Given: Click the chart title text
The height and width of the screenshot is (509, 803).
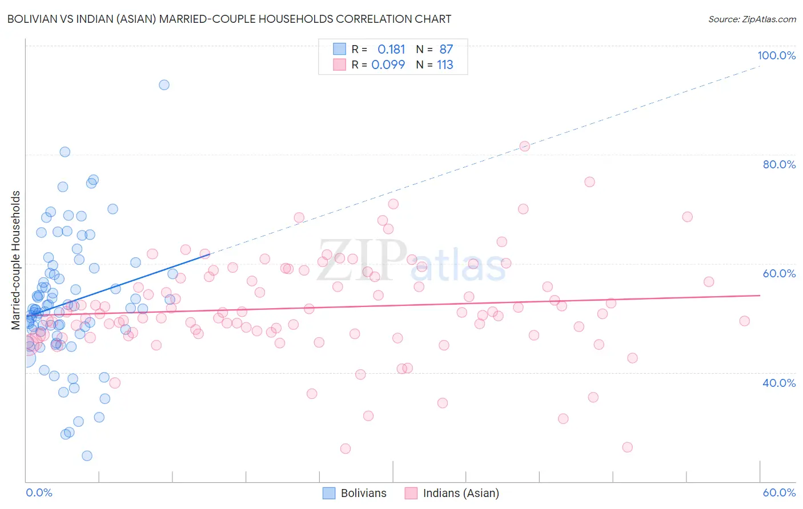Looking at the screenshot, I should pos(229,19).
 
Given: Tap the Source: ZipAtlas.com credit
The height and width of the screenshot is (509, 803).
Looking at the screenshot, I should pos(752,19).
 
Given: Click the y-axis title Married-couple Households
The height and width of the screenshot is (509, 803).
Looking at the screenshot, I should pos(16,260).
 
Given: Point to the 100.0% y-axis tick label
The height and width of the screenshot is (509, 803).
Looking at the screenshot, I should pos(776,55).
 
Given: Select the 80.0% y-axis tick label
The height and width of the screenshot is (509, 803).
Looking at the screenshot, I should pos(779,164).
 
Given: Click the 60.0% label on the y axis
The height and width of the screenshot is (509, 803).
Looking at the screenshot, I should pos(779,273).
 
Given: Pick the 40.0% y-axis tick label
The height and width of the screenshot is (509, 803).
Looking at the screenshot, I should pos(779,383).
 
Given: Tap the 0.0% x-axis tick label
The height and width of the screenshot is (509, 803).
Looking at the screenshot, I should pos(39,492).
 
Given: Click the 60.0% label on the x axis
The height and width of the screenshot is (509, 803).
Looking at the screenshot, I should pos(779,492).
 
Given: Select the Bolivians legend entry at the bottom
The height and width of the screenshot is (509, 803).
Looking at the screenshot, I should pos(354,493).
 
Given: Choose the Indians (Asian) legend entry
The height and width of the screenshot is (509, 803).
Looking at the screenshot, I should pos(452,493).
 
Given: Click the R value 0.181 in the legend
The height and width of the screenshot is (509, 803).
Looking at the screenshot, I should pos(391,49).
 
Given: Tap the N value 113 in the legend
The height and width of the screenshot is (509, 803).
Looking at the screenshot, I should pos(445,64).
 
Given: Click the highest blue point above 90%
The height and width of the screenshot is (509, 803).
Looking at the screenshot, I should pos(164,85).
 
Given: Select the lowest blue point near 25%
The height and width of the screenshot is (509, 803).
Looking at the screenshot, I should pos(87,455).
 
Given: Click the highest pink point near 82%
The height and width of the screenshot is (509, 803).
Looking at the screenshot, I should pos(524,147).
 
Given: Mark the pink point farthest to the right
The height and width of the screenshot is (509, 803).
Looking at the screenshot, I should pos(744,321).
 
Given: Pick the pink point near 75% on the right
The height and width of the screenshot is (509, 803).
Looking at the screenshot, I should pos(589,182).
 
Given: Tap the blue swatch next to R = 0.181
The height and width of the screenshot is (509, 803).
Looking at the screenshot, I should pos(340,49).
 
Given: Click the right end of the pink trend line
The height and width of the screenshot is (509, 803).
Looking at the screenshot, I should pos(760,296).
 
